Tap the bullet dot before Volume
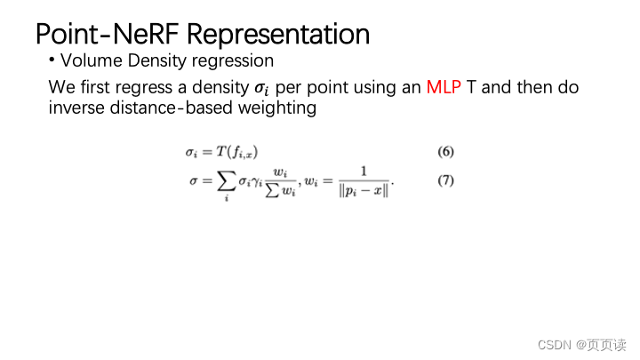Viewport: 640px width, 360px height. point(52,61)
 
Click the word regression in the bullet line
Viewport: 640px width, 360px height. point(236,61)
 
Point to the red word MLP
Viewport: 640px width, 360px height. point(444,88)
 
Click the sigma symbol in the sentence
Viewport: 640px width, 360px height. point(261,89)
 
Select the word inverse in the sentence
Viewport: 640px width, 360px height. point(76,108)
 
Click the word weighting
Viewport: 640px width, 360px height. point(281,108)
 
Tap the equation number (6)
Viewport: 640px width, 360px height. point(445,151)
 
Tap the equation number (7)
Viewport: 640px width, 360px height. point(445,180)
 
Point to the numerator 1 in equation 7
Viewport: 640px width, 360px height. point(363,172)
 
